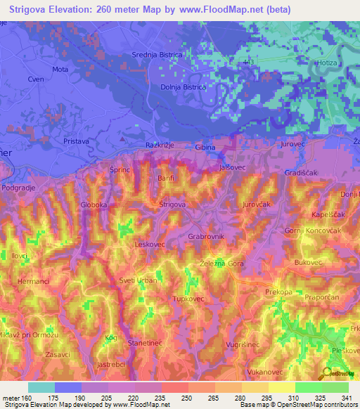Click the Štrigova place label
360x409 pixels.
click(172, 204)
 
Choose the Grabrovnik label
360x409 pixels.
click(206, 237)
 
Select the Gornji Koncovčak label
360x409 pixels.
click(312, 231)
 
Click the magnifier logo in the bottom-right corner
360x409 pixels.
click(328, 372)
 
